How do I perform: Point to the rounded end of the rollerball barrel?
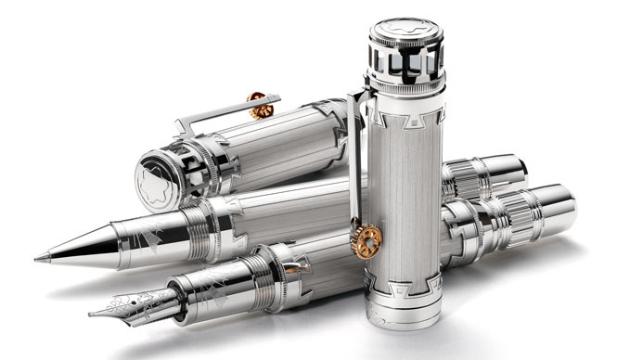tap(533, 169)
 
